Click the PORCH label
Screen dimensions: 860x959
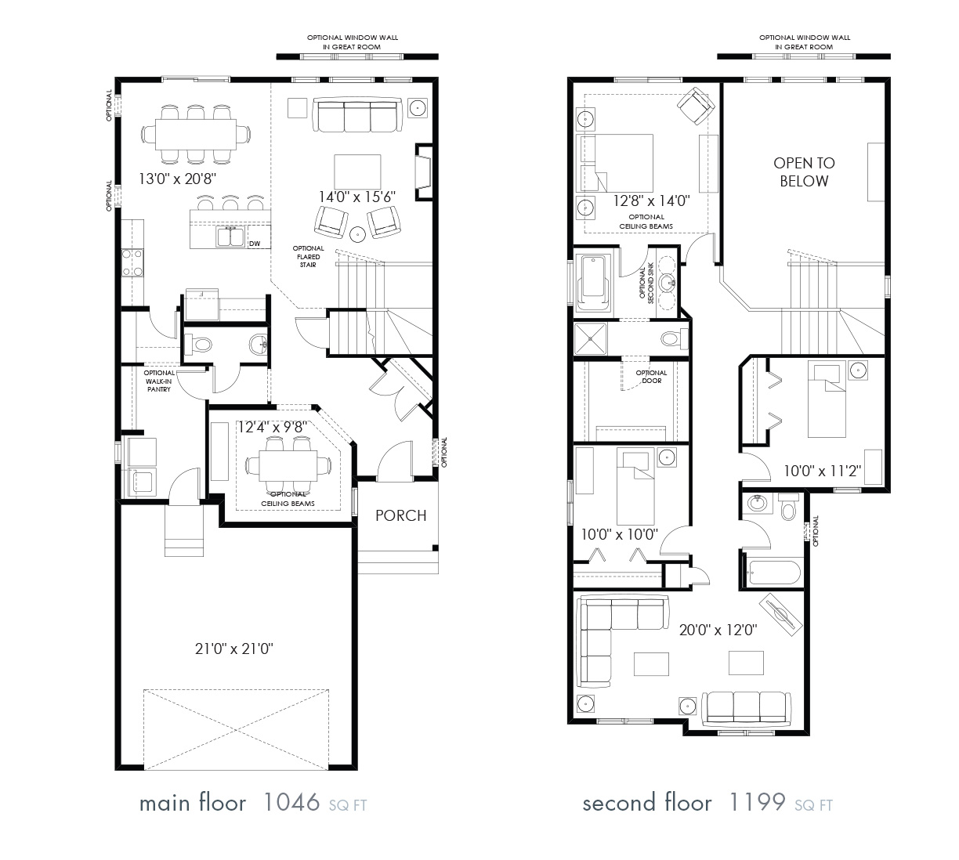click(400, 515)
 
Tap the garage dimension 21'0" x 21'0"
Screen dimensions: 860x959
click(233, 649)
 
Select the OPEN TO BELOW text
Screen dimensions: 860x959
click(804, 172)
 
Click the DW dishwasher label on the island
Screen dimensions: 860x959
click(254, 244)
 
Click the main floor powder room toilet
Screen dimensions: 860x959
click(200, 344)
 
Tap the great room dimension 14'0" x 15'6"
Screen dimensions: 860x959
click(356, 197)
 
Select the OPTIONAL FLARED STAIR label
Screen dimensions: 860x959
click(309, 257)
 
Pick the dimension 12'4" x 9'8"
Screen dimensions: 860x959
click(270, 427)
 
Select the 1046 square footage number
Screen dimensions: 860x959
click(291, 803)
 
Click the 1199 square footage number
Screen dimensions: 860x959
click(757, 803)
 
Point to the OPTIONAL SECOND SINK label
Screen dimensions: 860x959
click(646, 284)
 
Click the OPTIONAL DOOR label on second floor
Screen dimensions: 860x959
click(651, 377)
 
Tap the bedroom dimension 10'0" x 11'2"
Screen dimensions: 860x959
click(822, 471)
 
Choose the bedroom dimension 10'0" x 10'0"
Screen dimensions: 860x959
click(619, 535)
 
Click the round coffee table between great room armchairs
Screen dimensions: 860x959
click(357, 233)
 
